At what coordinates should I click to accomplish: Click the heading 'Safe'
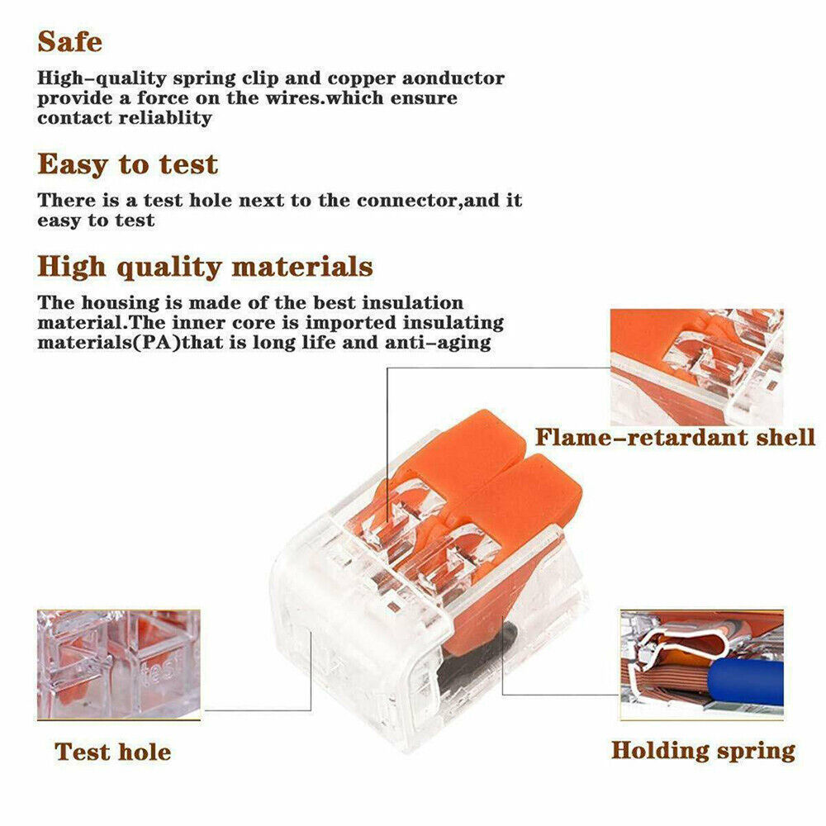tap(70, 41)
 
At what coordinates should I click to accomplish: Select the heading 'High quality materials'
tap(206, 267)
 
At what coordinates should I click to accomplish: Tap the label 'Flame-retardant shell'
tap(676, 437)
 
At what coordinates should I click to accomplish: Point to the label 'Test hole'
tap(112, 752)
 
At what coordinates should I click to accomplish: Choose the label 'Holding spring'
tap(703, 751)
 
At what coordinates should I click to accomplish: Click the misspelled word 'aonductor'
tap(453, 78)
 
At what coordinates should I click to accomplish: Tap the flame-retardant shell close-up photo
tap(697, 368)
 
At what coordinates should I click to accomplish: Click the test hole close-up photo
tap(118, 665)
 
